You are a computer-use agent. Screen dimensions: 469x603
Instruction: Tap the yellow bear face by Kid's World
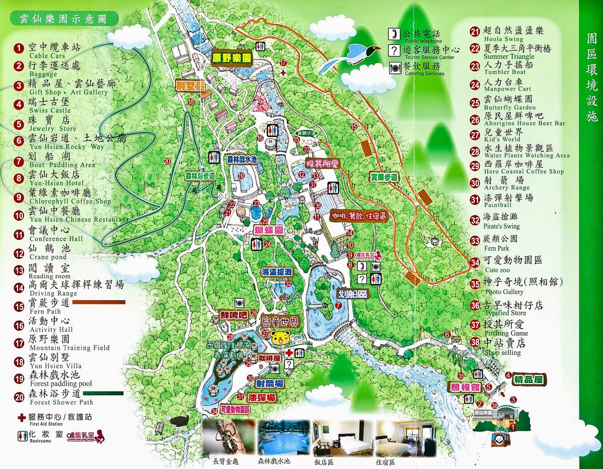tap(281, 337)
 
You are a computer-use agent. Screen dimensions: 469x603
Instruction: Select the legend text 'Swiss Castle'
tap(50, 110)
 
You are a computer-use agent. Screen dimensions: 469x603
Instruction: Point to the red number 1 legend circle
tap(18, 48)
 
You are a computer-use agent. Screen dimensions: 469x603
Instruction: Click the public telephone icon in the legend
tap(394, 34)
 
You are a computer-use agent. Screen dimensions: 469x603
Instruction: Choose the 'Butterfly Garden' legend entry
tap(510, 107)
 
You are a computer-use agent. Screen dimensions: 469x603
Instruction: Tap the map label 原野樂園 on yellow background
tap(232, 58)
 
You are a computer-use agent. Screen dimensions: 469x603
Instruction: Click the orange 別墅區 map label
tap(190, 86)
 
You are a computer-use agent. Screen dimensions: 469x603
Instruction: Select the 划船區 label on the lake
tap(352, 294)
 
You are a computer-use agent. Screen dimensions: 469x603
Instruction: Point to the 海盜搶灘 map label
tap(277, 272)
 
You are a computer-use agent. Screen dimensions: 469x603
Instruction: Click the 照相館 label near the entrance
tap(465, 387)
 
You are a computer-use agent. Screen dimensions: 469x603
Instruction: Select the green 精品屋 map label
tap(528, 379)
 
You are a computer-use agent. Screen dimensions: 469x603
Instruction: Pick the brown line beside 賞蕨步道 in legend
tap(99, 302)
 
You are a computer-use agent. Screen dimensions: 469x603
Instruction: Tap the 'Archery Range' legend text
tap(507, 187)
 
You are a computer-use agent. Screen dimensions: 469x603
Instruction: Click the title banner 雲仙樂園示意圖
tap(63, 18)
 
